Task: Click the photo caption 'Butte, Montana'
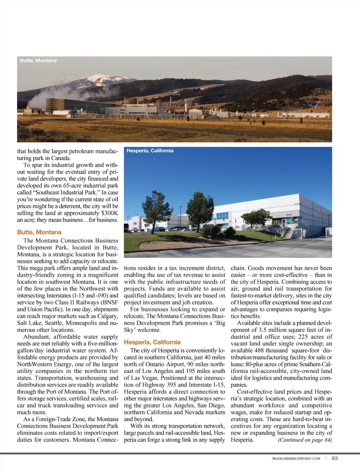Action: coord(38,61)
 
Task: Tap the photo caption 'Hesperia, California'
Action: coord(150,151)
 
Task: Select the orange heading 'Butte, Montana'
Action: coord(39,232)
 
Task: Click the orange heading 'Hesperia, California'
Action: coord(152,342)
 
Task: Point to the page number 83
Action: coord(335,458)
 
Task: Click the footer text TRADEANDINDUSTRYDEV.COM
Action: coord(296,458)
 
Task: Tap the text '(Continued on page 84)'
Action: coord(305,440)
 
